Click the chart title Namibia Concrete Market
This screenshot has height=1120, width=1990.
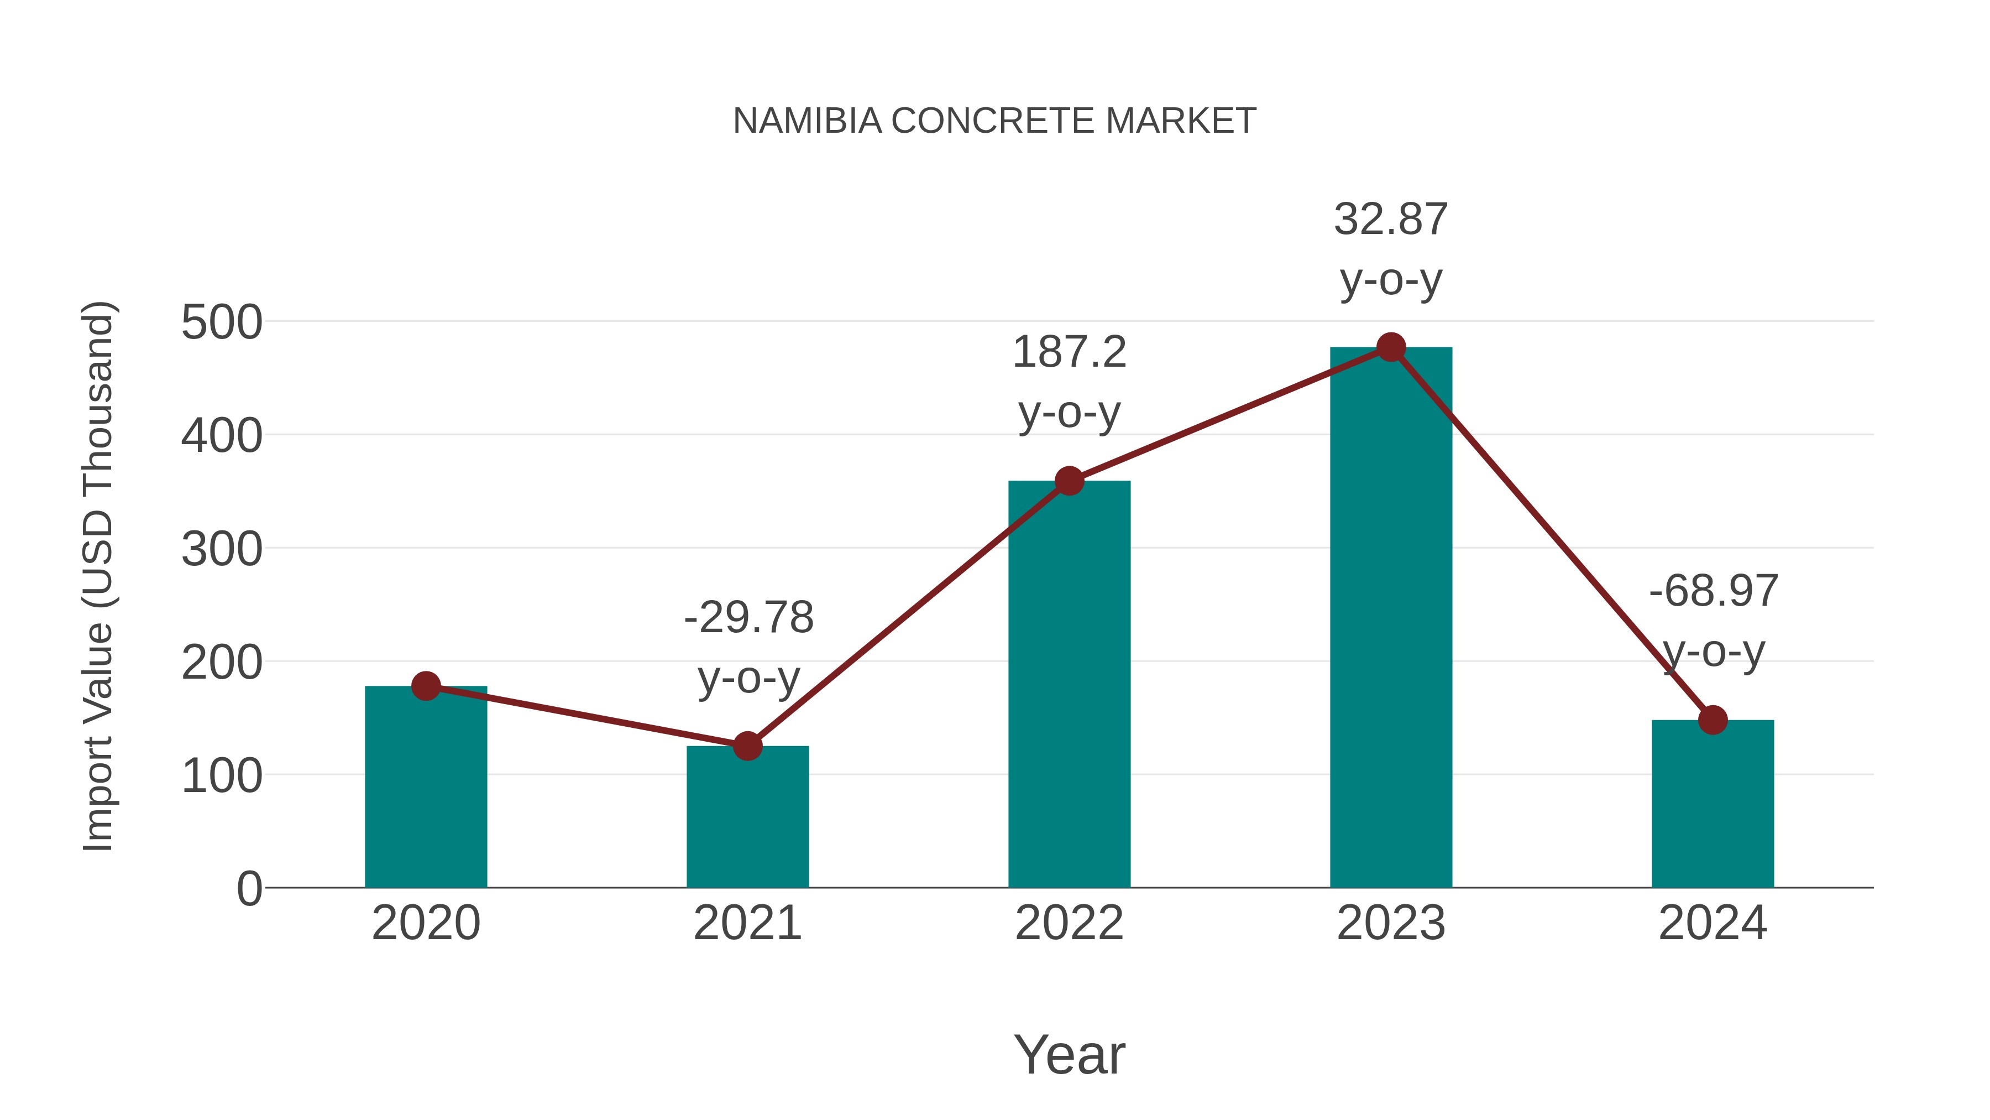(x=994, y=121)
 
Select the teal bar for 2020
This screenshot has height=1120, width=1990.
(x=426, y=788)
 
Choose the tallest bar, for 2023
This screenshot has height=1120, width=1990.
(x=1391, y=618)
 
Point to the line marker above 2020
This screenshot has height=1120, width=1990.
(x=426, y=686)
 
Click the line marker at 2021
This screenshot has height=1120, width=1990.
(x=747, y=746)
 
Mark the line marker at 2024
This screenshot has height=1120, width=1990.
(x=1713, y=720)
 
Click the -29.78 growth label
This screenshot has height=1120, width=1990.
(x=748, y=618)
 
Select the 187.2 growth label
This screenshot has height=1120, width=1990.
(x=1069, y=352)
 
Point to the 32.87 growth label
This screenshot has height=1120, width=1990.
(x=1391, y=220)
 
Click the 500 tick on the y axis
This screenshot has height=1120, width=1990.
(x=222, y=322)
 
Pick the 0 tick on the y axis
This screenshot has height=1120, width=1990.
(x=249, y=889)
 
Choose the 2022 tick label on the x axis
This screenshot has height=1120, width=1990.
(x=1069, y=923)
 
